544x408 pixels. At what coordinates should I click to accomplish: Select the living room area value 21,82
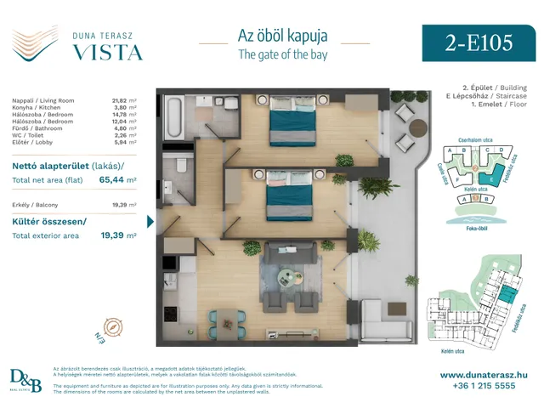124,100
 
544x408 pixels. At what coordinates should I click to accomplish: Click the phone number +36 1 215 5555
487,385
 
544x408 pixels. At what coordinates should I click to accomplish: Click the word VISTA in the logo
105,51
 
